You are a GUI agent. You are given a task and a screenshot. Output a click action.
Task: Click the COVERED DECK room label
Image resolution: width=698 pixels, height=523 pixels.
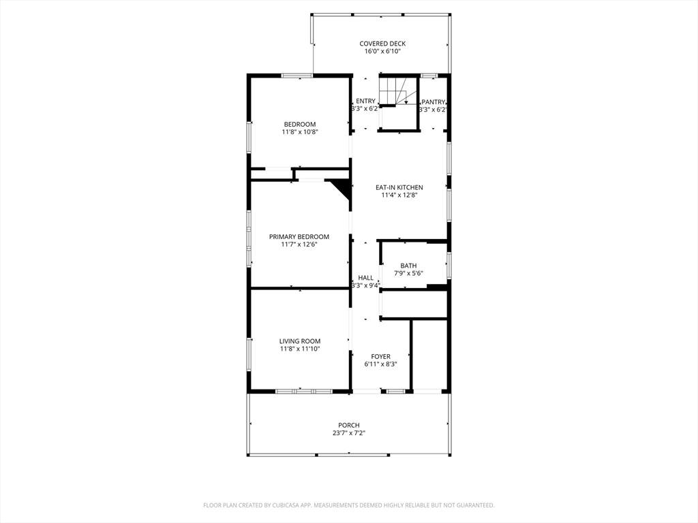pyautogui.click(x=382, y=44)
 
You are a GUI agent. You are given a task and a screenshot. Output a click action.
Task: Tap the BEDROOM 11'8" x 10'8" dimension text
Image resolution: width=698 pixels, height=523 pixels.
pyautogui.click(x=300, y=132)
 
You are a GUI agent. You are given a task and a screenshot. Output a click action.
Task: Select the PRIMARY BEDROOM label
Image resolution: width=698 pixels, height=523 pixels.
pyautogui.click(x=299, y=236)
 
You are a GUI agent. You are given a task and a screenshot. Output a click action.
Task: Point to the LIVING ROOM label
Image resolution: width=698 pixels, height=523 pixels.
pyautogui.click(x=300, y=341)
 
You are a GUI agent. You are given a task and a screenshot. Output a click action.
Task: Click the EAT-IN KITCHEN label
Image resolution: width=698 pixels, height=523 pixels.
pyautogui.click(x=399, y=188)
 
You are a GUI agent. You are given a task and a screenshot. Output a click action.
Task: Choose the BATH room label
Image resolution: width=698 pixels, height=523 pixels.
pyautogui.click(x=408, y=266)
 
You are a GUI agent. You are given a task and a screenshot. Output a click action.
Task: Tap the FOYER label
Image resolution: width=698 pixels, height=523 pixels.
pyautogui.click(x=380, y=357)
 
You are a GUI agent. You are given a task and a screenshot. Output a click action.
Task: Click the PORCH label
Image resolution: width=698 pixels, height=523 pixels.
pyautogui.click(x=348, y=425)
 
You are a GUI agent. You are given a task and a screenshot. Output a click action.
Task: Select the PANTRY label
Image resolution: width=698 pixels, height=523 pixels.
pyautogui.click(x=433, y=102)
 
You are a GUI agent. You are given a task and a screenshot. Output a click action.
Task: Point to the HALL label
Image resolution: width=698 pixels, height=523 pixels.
pyautogui.click(x=365, y=278)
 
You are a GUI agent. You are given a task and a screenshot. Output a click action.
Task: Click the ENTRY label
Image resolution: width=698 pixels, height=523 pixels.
pyautogui.click(x=365, y=101)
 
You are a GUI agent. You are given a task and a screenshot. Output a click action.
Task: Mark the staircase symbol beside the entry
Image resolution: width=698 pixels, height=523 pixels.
pyautogui.click(x=397, y=91)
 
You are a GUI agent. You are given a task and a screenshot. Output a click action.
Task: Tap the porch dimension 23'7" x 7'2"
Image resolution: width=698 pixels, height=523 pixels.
pyautogui.click(x=348, y=432)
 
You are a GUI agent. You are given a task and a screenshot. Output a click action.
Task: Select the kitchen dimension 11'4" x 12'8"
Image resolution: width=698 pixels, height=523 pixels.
pyautogui.click(x=399, y=195)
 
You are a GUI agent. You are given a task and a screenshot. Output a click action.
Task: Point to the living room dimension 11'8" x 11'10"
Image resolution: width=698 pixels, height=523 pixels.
pyautogui.click(x=300, y=349)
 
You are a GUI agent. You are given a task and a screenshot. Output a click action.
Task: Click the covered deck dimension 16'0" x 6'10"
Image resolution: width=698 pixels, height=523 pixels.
pyautogui.click(x=382, y=51)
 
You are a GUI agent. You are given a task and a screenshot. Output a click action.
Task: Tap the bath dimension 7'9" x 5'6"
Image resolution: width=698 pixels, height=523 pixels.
pyautogui.click(x=408, y=274)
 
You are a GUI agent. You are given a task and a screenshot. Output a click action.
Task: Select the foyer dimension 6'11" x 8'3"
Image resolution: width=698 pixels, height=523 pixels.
pyautogui.click(x=380, y=364)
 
